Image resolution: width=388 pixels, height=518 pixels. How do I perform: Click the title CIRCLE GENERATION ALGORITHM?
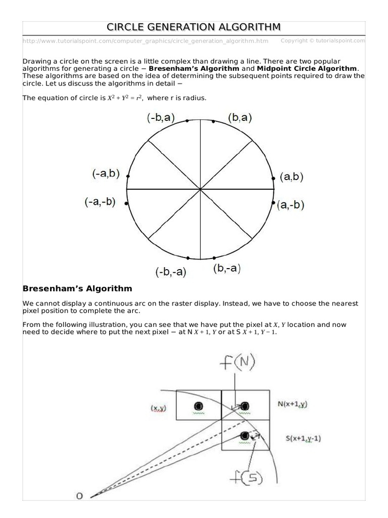pos(194,27)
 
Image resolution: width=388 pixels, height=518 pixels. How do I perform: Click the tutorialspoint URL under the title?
pos(145,41)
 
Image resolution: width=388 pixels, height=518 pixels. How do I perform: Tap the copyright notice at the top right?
pos(322,40)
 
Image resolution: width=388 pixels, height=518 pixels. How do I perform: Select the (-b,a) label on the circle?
pos(161,118)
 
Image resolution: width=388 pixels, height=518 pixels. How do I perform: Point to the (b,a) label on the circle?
pos(239,118)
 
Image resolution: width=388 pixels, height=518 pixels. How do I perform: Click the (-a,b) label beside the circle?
pos(106,174)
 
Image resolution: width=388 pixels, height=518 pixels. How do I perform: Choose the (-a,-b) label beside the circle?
pos(100,202)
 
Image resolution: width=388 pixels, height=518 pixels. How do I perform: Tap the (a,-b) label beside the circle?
pos(290,205)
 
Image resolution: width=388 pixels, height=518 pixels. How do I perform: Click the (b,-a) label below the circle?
pos(226,269)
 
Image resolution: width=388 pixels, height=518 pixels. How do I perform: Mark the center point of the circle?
pos(201,189)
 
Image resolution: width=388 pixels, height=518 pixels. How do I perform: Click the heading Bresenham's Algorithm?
pos(77,289)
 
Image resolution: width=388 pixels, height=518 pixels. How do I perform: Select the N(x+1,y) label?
pos(293,404)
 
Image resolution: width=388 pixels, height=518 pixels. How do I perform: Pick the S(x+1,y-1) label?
pos(299,438)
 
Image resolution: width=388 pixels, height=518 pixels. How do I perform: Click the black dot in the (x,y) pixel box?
pos(198,406)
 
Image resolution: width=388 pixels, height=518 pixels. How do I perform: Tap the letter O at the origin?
pos(79,496)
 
